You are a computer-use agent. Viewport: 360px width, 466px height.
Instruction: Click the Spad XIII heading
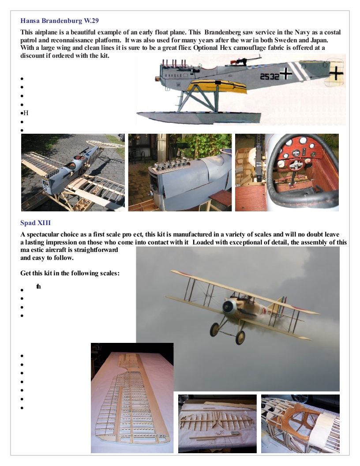[x=35, y=223]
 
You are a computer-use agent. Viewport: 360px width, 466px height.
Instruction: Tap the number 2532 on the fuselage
[x=269, y=76]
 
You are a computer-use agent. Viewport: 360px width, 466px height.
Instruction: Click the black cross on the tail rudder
[x=337, y=72]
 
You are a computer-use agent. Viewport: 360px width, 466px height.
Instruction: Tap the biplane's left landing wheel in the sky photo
[x=215, y=328]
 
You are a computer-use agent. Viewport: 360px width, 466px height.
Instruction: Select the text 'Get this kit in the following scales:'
[x=70, y=273]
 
